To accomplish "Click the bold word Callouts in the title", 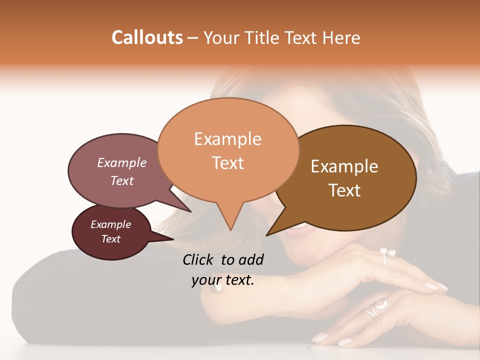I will (147, 37).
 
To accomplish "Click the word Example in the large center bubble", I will (227, 139).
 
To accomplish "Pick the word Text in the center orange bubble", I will (227, 163).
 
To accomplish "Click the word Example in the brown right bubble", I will (344, 166).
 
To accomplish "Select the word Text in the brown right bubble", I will (344, 190).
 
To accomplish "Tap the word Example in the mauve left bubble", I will (122, 162).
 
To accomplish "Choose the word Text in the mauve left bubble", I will (122, 180).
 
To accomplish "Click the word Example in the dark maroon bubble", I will (110, 224).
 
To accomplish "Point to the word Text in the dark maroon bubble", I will (110, 239).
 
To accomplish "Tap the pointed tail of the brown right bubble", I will (270, 232).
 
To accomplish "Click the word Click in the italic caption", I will (199, 259).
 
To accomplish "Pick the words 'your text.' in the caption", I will (223, 280).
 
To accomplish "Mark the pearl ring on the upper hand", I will (386, 253).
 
